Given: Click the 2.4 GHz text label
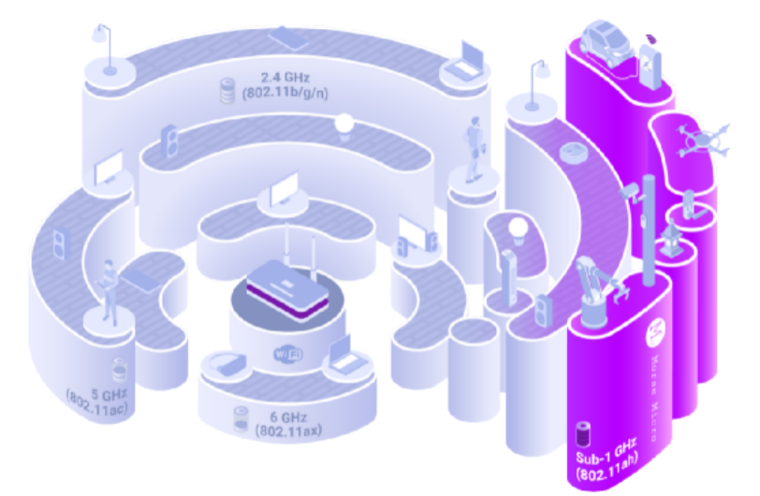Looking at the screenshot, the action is pos(285,78).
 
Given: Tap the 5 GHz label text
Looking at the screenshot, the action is pos(110,394).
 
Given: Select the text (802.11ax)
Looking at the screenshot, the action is pos(289,430).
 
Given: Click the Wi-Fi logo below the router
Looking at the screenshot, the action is pos(288,354).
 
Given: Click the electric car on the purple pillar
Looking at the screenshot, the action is pos(607,43).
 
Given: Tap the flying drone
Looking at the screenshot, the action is pos(703,139).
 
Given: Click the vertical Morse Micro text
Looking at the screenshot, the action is pos(654,398).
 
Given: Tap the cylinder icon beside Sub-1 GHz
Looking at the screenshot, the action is pos(582,434).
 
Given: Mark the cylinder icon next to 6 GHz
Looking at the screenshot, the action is pos(241,419).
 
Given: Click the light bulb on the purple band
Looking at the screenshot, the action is pos(518,231).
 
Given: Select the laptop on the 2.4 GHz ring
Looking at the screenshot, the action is pos(465,61).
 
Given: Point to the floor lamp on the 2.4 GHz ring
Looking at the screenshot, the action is pos(104,50).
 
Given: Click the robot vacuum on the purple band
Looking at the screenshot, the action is pos(574,153).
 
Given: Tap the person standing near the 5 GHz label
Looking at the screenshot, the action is pos(108,292).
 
